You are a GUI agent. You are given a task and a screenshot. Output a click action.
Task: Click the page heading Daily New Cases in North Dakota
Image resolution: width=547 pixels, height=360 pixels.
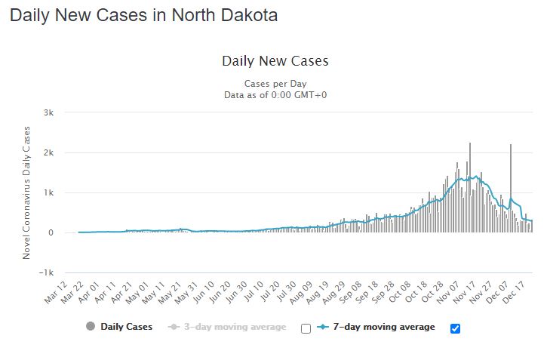pos(143,16)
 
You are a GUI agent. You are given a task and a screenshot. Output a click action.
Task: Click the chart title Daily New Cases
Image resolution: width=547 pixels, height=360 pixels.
pos(275,61)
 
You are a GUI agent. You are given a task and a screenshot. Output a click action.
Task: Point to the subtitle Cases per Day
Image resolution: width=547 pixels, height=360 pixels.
pos(275,83)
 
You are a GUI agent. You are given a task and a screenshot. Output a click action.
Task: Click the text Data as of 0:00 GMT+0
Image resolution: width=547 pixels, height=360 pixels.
pos(275,94)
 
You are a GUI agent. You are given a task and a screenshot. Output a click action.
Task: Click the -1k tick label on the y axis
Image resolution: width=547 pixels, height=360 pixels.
pos(47,272)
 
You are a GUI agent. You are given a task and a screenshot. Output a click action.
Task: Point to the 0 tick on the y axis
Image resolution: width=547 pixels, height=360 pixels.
pos(51,232)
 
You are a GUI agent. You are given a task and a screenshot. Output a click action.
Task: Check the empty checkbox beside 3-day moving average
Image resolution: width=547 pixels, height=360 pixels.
pos(306,328)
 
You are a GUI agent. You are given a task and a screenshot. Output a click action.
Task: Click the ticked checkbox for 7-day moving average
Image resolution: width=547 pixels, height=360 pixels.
pos(455,328)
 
